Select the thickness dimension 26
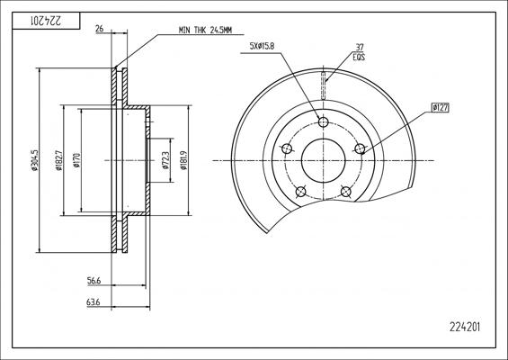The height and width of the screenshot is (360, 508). click(99, 30)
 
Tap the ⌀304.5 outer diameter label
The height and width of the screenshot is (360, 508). click(33, 162)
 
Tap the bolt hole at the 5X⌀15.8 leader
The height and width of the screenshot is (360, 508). click(323, 122)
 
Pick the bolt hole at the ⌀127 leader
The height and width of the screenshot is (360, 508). click(360, 149)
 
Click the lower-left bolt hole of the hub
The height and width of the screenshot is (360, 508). click(300, 192)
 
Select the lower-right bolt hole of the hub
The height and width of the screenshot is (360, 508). click(345, 192)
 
